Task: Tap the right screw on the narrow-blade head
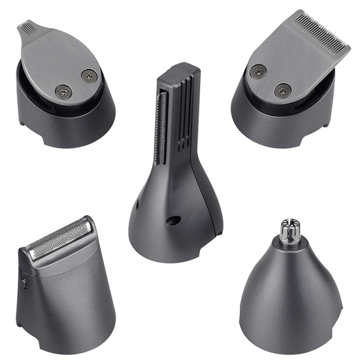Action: pos(88,76)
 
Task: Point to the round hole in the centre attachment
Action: pos(173,220)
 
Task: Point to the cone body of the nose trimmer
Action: pos(291,296)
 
